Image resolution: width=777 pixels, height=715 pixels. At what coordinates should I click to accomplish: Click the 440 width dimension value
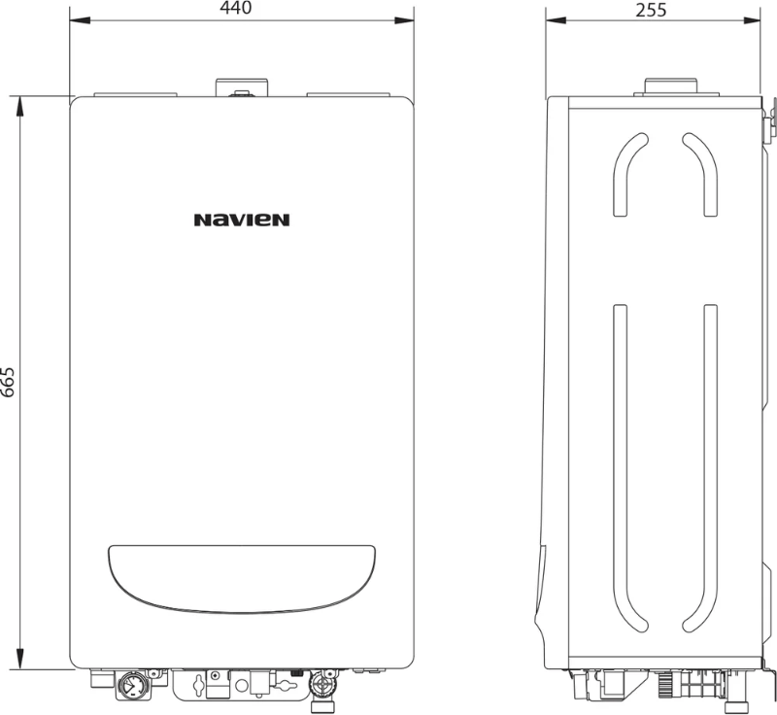coord(236,8)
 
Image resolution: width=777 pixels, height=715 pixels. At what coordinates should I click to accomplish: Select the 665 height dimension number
coord(8,382)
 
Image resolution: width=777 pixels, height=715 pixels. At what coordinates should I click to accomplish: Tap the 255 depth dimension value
coord(651,10)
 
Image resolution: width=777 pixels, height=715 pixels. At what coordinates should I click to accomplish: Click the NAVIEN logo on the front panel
coord(241,220)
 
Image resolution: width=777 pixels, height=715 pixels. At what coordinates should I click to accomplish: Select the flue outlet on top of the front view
coord(242,87)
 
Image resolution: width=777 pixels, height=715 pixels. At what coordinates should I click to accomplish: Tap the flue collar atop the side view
coord(671,86)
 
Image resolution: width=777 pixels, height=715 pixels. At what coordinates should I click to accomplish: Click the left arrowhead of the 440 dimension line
coord(80,20)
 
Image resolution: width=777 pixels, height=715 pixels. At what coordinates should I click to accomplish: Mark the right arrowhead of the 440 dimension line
coord(404,20)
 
